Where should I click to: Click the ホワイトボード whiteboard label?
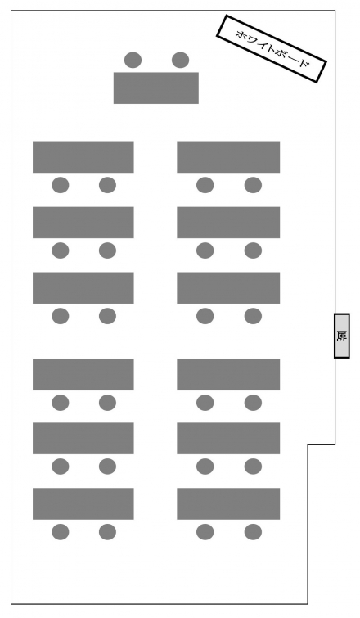pos(272,48)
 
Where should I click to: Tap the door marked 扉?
pos(342,336)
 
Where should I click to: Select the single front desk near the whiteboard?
pos(156,88)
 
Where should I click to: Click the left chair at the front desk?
pos(133,60)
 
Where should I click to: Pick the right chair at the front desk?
pos(180,60)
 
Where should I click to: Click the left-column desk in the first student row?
pos(83,157)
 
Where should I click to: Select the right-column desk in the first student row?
pos(228,157)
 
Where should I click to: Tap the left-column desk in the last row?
pos(83,503)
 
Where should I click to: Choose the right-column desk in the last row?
pos(228,503)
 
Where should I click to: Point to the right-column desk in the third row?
pos(228,287)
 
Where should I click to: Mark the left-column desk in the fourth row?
pos(83,374)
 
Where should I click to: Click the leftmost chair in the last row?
pos(61,532)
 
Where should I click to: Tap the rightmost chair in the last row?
pos(253,532)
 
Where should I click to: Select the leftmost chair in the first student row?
pos(61,185)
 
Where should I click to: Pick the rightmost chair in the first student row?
pos(253,185)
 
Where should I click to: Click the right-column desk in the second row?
pos(228,223)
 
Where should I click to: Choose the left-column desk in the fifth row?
pos(83,438)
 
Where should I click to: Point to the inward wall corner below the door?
pos(308,445)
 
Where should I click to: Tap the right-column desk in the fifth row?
pos(228,438)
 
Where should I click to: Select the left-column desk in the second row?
pos(83,223)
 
